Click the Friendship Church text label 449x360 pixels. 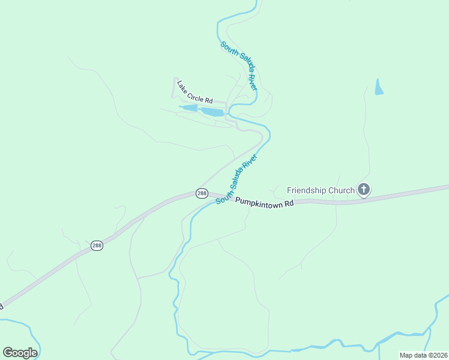pos(321,190)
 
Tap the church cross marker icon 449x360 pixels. pos(363,190)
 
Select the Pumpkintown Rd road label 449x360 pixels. pos(264,202)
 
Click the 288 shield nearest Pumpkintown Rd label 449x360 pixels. pos(202,193)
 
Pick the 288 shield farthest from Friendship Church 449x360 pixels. pos(97,245)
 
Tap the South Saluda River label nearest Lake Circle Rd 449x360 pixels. pos(238,66)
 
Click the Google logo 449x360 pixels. pos(20,352)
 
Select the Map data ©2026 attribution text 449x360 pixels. pos(423,355)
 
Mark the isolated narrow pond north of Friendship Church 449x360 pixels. pos(379,88)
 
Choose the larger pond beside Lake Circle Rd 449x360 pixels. pos(212,112)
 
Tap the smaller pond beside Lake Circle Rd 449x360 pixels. pos(190,108)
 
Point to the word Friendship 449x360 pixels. pos(307,190)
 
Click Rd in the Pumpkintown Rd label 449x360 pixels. pos(289,204)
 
